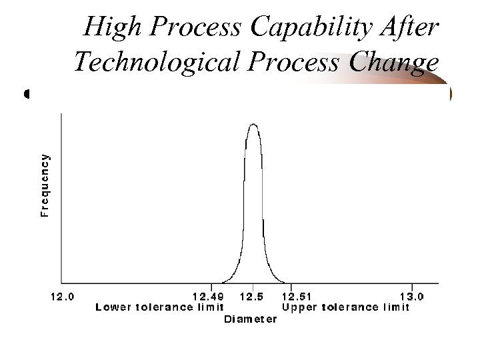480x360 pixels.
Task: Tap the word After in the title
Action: point(411,27)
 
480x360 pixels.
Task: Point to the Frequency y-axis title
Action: point(45,185)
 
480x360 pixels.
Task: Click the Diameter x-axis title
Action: point(250,319)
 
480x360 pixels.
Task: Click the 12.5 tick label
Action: point(253,297)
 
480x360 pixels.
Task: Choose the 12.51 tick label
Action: point(298,297)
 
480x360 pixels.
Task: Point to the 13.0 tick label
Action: point(412,297)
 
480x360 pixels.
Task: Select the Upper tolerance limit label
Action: point(346,307)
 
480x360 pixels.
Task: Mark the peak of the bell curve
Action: point(253,124)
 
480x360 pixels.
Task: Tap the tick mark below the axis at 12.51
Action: point(291,287)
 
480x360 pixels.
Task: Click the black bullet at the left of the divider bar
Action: point(27,94)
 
